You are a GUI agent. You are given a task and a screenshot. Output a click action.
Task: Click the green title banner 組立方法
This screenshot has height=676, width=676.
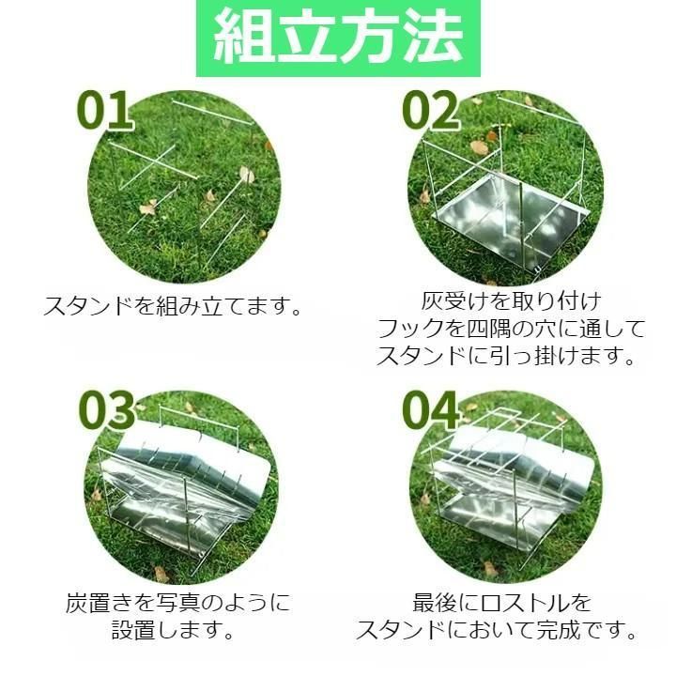coord(338,38)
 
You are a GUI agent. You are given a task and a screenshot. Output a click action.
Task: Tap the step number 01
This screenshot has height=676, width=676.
coord(104,111)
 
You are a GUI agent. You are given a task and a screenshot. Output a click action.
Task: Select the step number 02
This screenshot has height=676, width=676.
coord(430,111)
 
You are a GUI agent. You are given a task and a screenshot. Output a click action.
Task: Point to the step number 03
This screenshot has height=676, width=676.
coord(106,410)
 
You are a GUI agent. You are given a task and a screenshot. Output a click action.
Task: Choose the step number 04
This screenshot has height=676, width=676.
coord(430,410)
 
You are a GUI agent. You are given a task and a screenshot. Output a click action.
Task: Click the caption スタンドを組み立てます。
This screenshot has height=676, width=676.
coord(174,306)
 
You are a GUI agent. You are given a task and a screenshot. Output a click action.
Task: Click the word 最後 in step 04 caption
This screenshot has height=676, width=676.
coord(435,603)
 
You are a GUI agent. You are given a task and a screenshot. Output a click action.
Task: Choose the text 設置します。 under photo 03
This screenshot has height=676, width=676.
coord(174,631)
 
